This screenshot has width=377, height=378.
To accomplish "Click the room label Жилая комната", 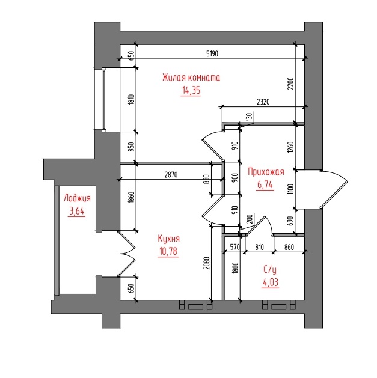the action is coord(191,78).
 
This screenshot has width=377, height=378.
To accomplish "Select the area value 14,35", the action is coord(191,90).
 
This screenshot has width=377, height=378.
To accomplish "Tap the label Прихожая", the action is coord(266,172).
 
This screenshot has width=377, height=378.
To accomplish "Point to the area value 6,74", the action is coord(265,184).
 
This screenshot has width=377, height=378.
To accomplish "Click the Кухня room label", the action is coord(168,239).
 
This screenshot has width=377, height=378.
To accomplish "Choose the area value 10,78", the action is coord(168,251).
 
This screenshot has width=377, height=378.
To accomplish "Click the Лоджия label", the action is coord(77,198).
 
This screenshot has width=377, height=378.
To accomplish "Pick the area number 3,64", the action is coord(77,211).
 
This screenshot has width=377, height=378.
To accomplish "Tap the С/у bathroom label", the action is coord(270,269).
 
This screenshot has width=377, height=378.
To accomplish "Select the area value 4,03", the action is coord(271,282).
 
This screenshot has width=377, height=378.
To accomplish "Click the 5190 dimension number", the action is coord(212,53).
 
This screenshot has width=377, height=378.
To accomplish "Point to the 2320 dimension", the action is coord(263,102).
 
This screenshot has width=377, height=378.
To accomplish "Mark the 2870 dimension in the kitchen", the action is coord(171,174).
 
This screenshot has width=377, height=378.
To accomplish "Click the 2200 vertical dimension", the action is coord(290,84).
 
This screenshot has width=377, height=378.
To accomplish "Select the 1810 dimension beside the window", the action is coord(131,100).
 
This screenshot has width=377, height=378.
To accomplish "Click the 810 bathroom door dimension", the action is coord(259,247).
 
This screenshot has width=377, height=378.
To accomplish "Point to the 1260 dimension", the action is coord(290,147).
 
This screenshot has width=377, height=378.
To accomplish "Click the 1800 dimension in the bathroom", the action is coord(236,268).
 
